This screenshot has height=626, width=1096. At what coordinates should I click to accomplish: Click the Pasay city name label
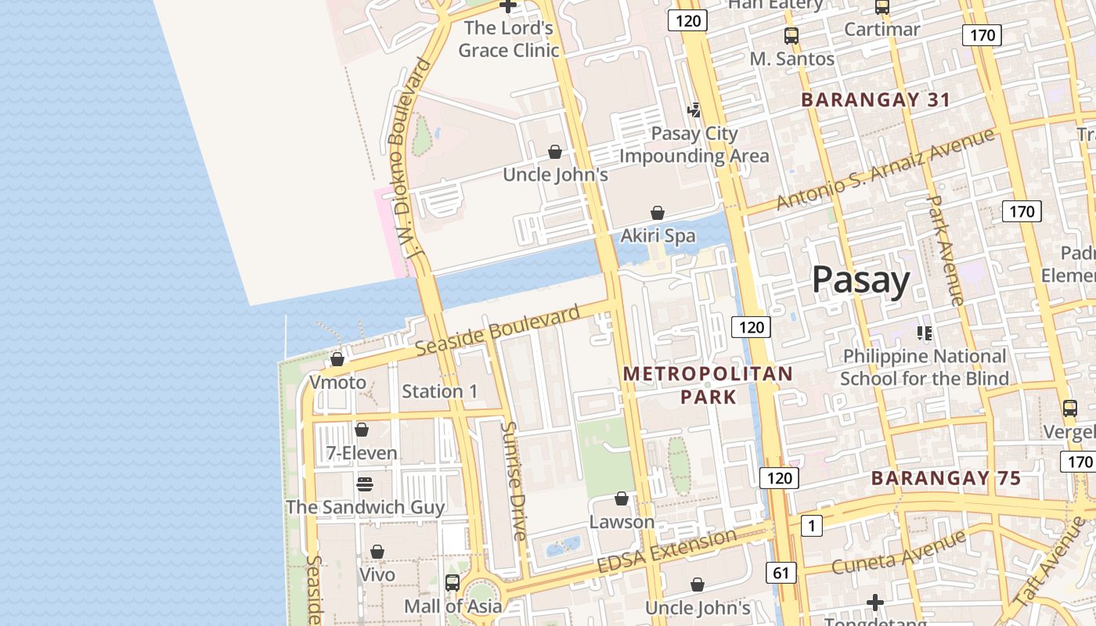coord(860,280)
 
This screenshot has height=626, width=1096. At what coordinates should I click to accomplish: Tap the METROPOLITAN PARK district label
coord(708,385)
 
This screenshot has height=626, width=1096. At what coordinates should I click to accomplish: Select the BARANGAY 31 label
coord(875,99)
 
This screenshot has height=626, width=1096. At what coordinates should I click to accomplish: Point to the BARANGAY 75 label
coord(946,478)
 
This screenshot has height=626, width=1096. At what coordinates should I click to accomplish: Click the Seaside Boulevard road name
coord(498,330)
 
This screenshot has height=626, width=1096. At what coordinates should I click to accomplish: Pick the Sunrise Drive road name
coord(514,481)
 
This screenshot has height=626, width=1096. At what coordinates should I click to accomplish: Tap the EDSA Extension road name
coord(666,551)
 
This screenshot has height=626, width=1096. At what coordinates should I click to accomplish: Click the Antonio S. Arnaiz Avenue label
coord(885,169)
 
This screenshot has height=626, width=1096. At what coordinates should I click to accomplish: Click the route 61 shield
coord(781,573)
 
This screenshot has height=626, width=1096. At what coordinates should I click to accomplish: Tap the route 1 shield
coord(812,526)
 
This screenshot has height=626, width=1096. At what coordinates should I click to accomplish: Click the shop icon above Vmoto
coord(337,359)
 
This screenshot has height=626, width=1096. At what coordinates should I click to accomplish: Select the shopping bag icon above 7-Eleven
coord(362,430)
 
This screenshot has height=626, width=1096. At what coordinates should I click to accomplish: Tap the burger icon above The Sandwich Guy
coord(365,484)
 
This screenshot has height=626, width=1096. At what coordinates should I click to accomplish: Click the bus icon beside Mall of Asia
coord(452,582)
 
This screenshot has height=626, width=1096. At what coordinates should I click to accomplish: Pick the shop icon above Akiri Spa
coord(658,213)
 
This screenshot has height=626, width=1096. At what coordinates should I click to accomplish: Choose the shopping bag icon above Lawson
coord(622,498)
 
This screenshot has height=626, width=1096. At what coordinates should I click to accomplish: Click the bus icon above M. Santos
coord(791,35)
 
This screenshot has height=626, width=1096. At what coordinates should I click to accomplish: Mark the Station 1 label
coord(439,391)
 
